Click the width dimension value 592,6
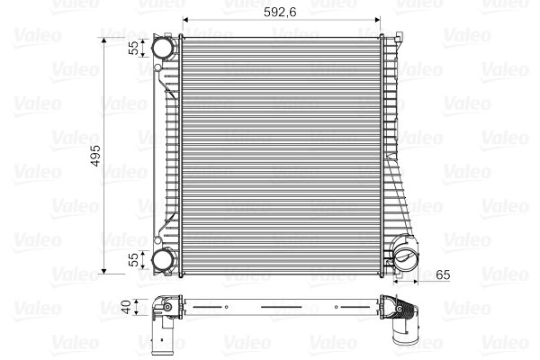[x=283, y=11]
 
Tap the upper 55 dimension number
[x=132, y=48]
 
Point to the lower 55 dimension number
[x=132, y=260]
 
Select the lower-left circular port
[x=163, y=260]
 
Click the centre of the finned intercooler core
[x=282, y=153]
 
